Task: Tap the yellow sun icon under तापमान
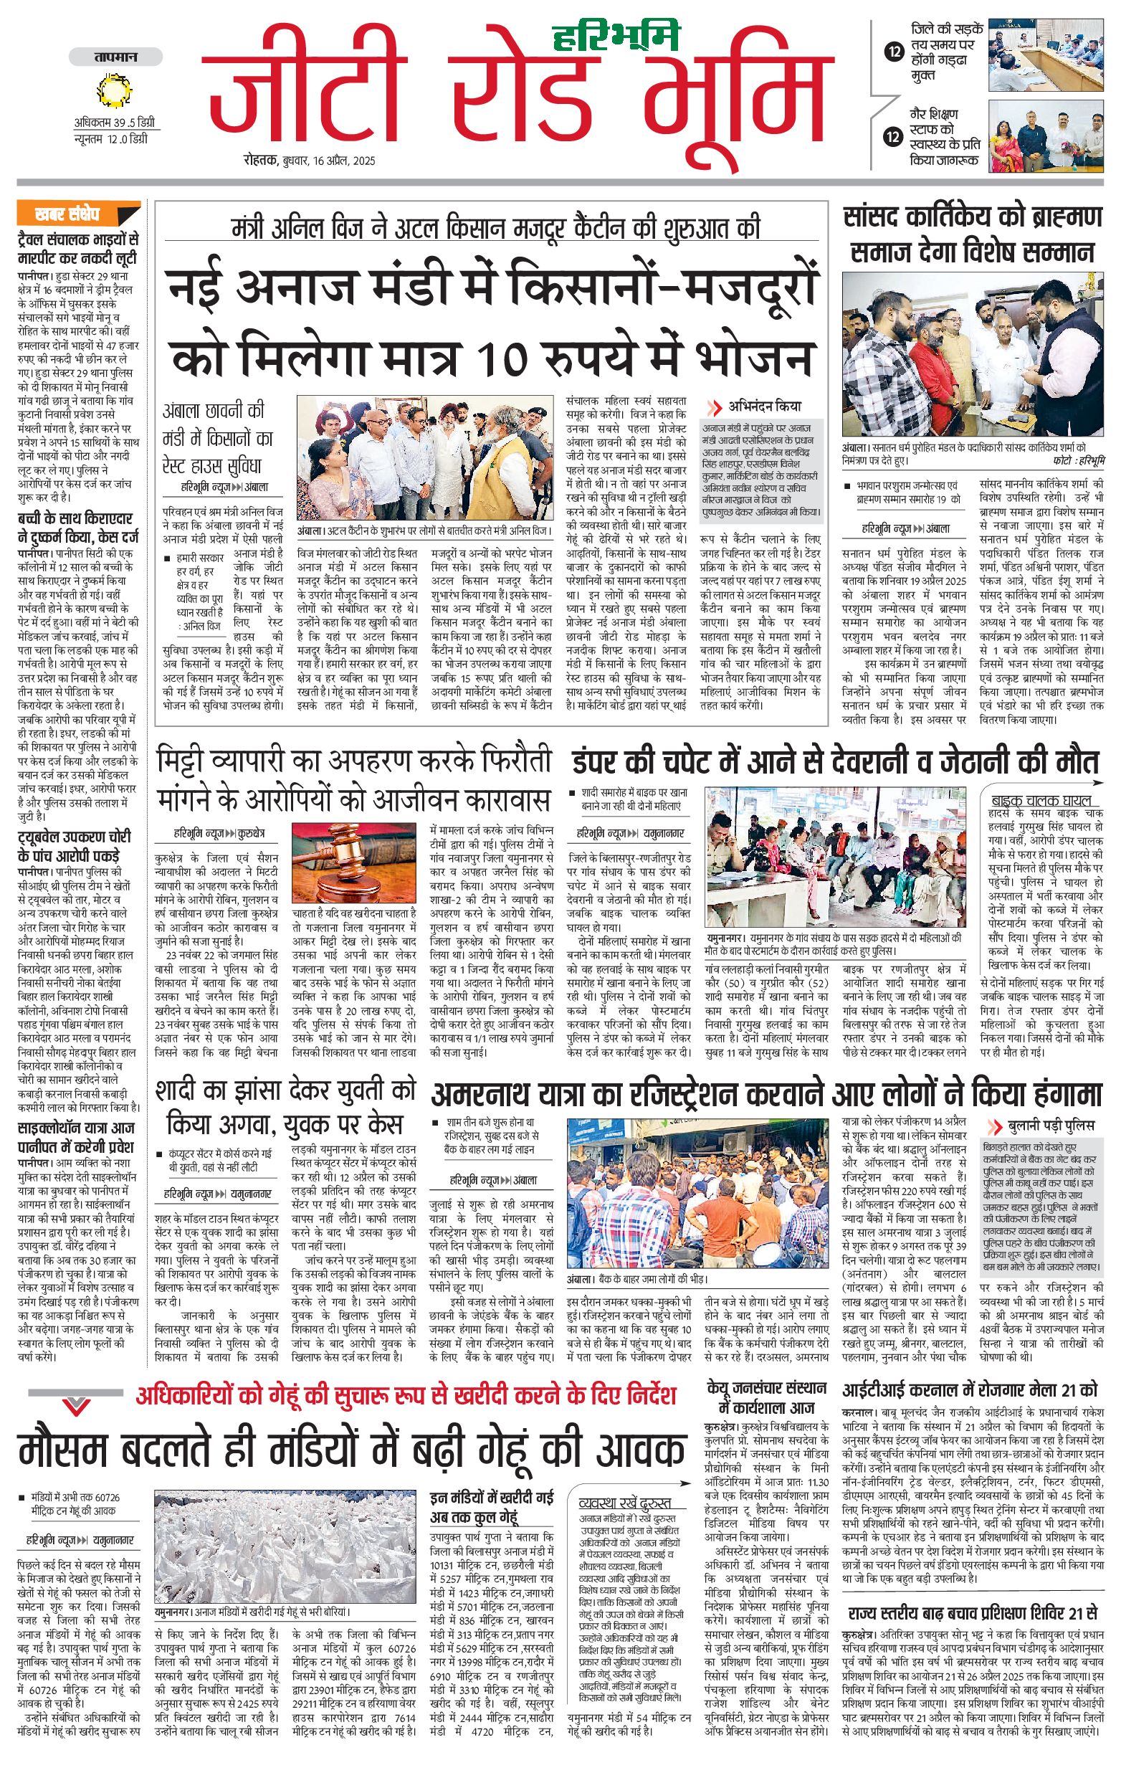[x=115, y=92]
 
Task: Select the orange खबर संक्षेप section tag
[x=78, y=215]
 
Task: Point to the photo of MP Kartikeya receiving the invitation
[x=973, y=355]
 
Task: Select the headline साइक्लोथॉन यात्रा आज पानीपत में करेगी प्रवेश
[x=77, y=1138]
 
